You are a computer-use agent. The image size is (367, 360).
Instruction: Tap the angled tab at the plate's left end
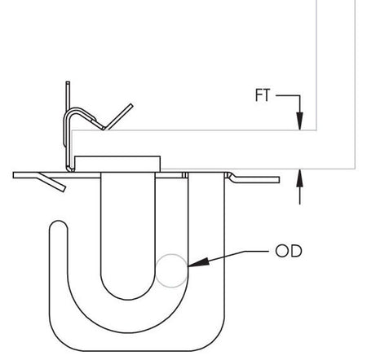[51, 182]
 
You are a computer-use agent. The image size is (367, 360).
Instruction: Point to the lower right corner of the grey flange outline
[356, 168]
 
